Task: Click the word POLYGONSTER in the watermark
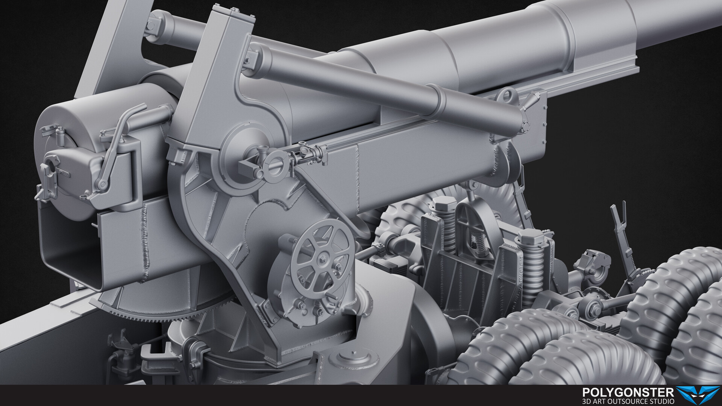pos(628,392)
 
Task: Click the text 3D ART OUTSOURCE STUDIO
pos(628,401)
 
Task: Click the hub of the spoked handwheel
pos(323,259)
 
